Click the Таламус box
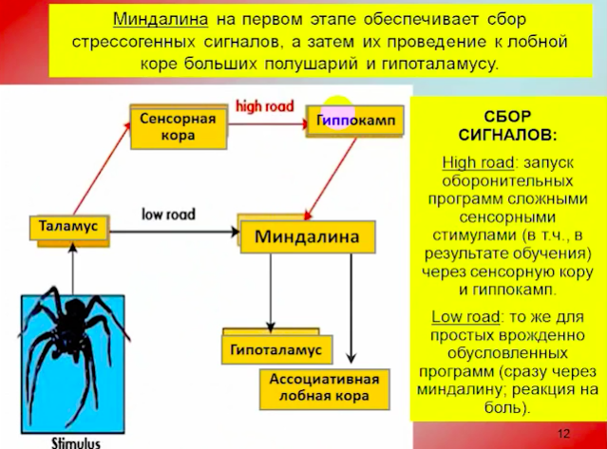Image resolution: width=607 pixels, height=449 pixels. tap(69, 229)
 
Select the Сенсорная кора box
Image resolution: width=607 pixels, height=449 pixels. tap(179, 127)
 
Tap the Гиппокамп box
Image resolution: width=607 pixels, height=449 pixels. tap(354, 122)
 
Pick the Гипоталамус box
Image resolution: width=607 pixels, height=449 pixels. tap(276, 346)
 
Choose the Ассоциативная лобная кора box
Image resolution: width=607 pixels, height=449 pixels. tap(325, 389)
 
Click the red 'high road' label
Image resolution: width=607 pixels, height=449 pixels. tap(265, 106)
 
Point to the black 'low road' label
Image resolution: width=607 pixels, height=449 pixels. tap(168, 214)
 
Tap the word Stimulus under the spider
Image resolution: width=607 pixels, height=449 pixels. tap(76, 442)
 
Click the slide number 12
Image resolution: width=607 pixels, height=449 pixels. tap(563, 434)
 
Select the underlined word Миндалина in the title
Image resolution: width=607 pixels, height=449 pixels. tap(161, 19)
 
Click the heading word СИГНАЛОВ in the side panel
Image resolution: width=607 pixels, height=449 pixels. tap(507, 136)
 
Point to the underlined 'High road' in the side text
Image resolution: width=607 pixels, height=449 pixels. tap(478, 162)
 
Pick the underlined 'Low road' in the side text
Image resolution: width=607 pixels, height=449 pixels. tap(465, 317)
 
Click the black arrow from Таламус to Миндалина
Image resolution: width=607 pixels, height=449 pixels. tap(175, 232)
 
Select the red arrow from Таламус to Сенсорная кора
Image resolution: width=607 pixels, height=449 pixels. tap(102, 169)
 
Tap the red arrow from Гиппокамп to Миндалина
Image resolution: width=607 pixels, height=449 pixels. tap(331, 178)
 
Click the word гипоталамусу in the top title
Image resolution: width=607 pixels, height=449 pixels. tap(440, 64)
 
